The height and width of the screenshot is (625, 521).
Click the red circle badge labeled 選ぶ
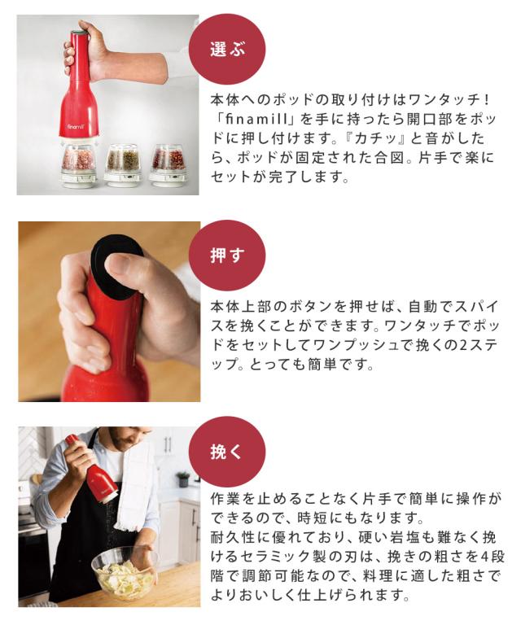(x=226, y=48)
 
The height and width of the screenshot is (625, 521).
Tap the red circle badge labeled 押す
(x=226, y=256)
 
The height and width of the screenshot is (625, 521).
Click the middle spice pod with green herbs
(x=123, y=163)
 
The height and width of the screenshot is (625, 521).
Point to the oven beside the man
(x=33, y=562)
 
